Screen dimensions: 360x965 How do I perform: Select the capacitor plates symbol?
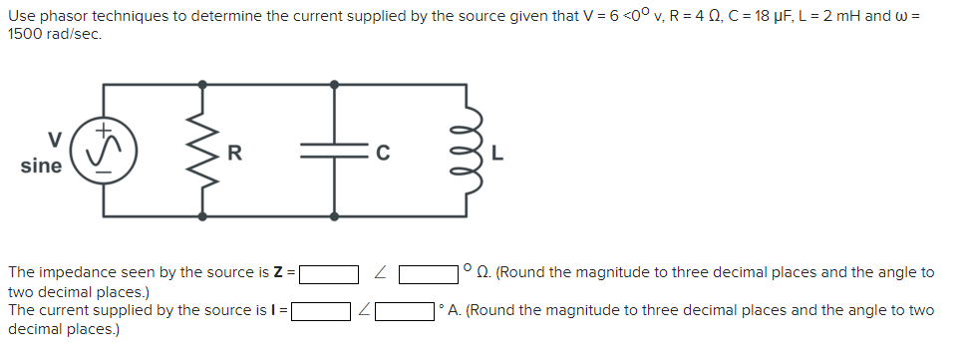click(334, 151)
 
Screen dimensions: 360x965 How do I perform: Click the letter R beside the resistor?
click(234, 153)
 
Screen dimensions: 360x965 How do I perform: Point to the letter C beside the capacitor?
click(381, 153)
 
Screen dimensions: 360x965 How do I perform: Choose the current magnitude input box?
click(319, 311)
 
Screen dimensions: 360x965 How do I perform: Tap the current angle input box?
click(405, 311)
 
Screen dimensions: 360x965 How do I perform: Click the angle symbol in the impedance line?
click(380, 272)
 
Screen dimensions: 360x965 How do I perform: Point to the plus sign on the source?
click(104, 130)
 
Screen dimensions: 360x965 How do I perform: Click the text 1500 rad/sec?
click(54, 33)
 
